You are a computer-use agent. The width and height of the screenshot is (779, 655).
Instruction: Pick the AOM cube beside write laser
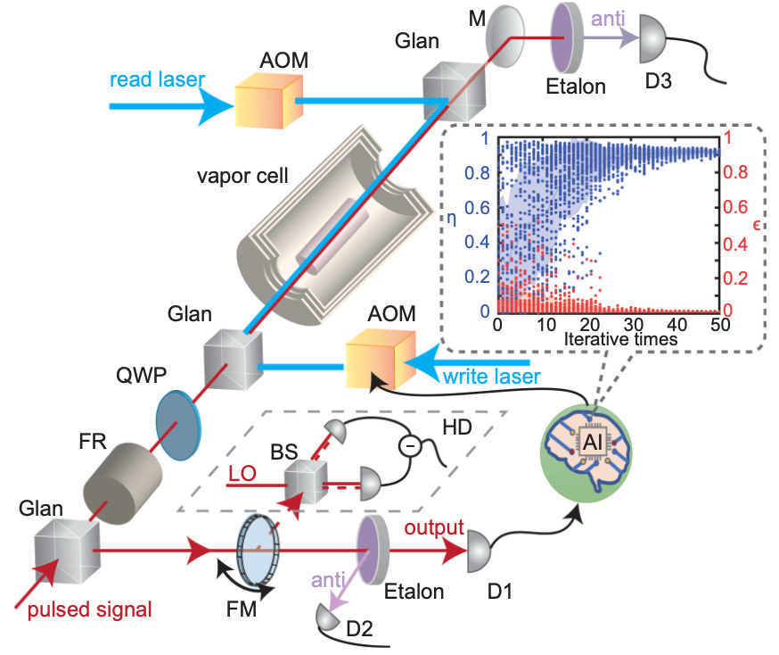tap(378, 361)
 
